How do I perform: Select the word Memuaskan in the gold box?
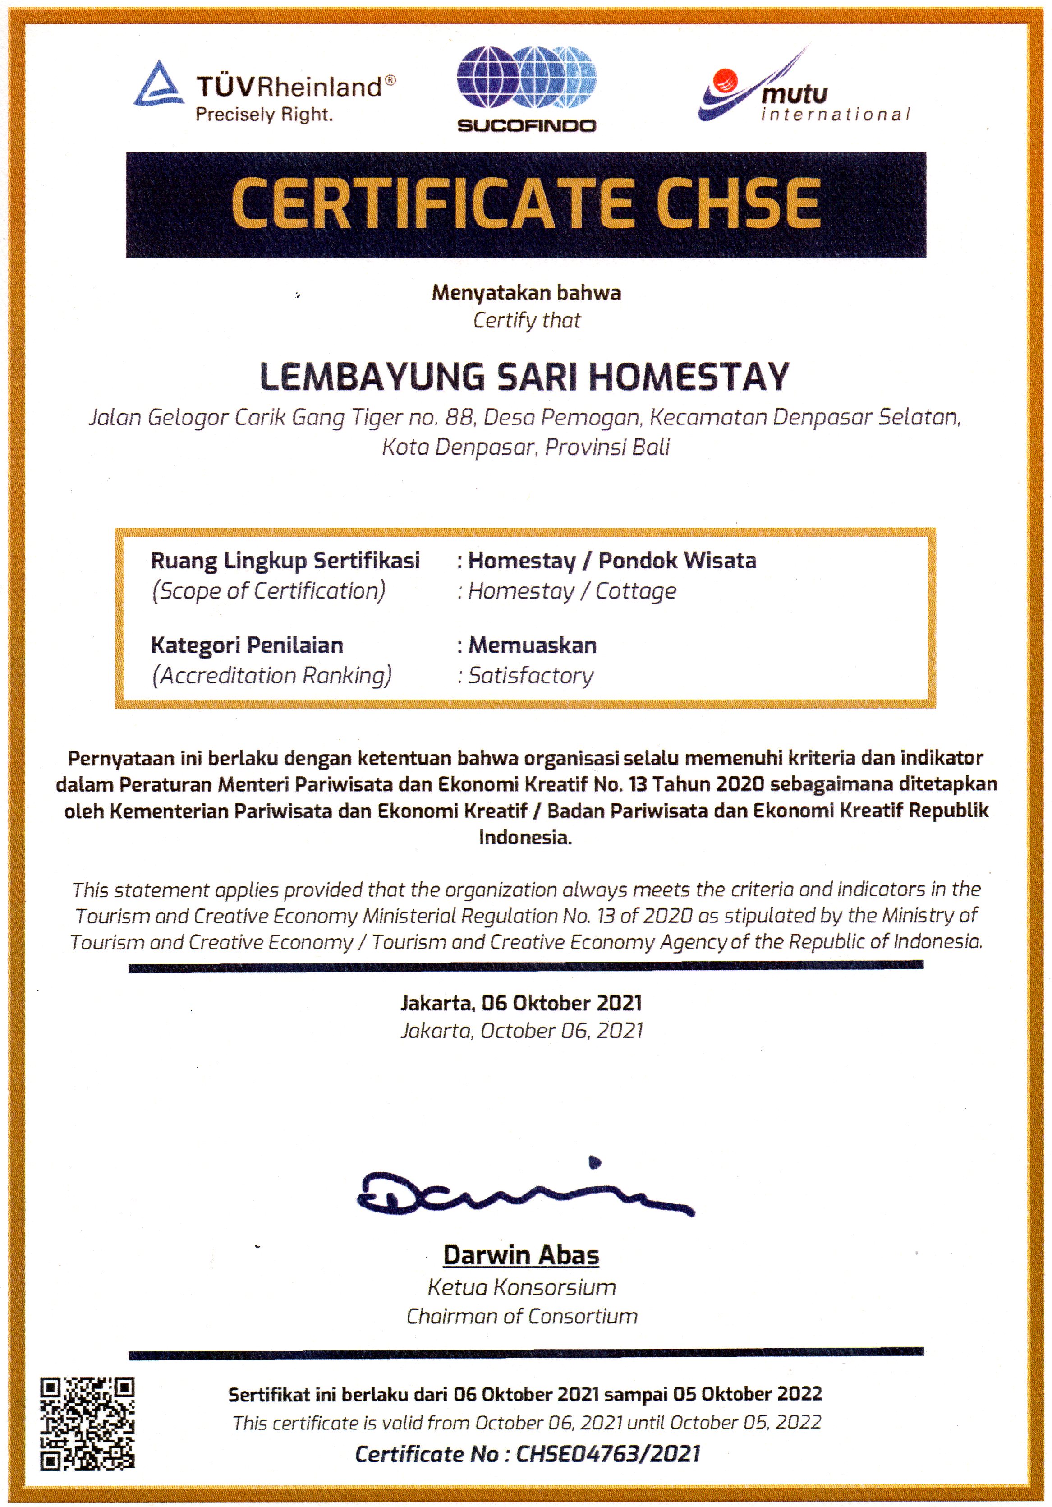coord(532,645)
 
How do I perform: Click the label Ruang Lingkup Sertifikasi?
coord(285,561)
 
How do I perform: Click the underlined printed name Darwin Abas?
coord(521,1255)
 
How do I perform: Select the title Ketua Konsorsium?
coord(522,1287)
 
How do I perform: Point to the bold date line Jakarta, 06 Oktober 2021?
coord(521,1003)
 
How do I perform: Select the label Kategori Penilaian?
coord(247,645)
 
